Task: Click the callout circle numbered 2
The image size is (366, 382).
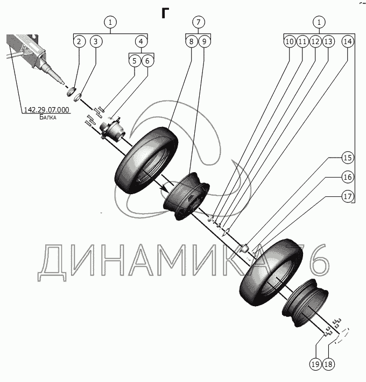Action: pyautogui.click(x=79, y=41)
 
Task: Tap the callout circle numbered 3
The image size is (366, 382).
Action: pyautogui.click(x=96, y=41)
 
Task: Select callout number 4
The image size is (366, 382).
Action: pyautogui.click(x=140, y=41)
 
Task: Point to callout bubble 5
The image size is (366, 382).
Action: pyautogui.click(x=133, y=61)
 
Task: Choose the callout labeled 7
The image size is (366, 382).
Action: pyautogui.click(x=198, y=23)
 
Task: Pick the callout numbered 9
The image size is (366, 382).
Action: pyautogui.click(x=205, y=41)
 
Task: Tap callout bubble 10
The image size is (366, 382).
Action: pyautogui.click(x=289, y=41)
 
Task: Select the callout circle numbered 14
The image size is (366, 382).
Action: pyautogui.click(x=348, y=41)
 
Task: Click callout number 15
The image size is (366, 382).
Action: pyautogui.click(x=347, y=158)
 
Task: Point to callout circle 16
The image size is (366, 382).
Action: pyautogui.click(x=347, y=177)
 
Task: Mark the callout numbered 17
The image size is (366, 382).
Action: pyautogui.click(x=347, y=196)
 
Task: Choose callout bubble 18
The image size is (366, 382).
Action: pyautogui.click(x=328, y=364)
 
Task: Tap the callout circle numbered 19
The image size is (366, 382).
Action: pyautogui.click(x=315, y=364)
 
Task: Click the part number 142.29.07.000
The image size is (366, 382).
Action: pyautogui.click(x=46, y=110)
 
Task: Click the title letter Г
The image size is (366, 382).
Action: pyautogui.click(x=165, y=13)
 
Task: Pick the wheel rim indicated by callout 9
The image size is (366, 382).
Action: pyautogui.click(x=186, y=197)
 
